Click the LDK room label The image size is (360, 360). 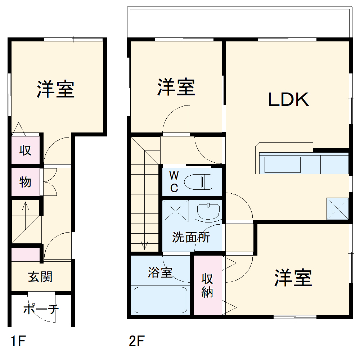point(288,100)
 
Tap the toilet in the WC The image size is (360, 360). point(199,182)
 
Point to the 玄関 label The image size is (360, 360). point(40,277)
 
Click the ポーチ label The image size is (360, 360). point(41,309)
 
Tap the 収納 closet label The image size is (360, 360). point(207,285)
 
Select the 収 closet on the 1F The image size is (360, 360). point(25,150)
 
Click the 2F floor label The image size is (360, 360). point(136,341)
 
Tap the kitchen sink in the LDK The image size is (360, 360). point(283,165)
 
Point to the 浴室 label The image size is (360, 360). point(160,273)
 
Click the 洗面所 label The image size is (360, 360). point(191,237)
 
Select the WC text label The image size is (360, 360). point(174,181)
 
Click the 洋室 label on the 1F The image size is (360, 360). point(55,89)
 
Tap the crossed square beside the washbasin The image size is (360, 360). point(176,210)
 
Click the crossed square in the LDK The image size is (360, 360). point(337,209)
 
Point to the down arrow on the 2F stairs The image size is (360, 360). point(145,245)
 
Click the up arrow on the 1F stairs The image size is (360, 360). point(26,207)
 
